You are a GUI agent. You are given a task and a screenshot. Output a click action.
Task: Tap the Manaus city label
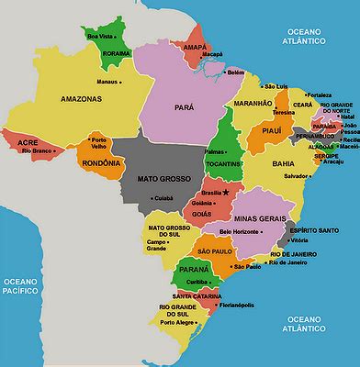click(x=107, y=81)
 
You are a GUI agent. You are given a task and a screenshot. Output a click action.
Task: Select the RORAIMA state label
click(x=118, y=53)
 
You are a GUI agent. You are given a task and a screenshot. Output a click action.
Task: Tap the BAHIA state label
click(x=284, y=163)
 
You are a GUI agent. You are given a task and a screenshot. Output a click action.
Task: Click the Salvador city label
click(x=297, y=175)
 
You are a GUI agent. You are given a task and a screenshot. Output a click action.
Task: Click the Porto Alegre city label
click(x=179, y=322)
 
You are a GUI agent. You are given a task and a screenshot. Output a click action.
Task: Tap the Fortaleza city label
click(x=320, y=95)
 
